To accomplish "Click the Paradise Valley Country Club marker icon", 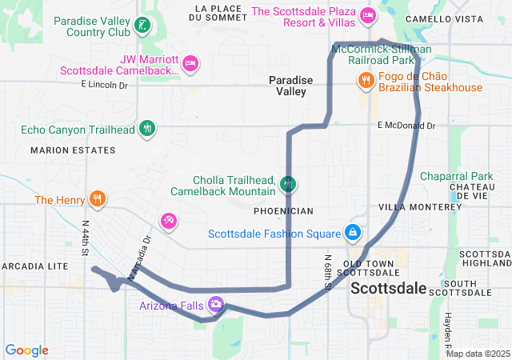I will tap(142, 24).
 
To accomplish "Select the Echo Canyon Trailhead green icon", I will tap(146, 128).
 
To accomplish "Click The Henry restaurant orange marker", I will tap(98, 199).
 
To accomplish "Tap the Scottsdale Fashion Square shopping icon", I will tap(352, 233).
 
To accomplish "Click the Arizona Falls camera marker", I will tap(215, 304).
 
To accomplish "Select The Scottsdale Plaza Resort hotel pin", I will tap(367, 14).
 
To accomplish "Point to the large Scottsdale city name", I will tap(389, 288).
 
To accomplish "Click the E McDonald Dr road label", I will tap(406, 126).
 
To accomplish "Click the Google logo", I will tap(27, 350).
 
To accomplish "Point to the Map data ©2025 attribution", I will tap(477, 354).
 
